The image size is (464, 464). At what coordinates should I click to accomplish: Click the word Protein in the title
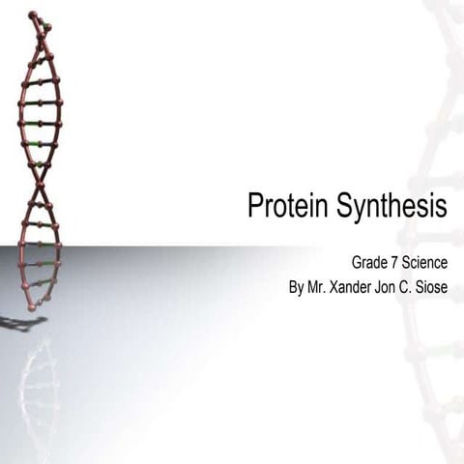click(x=287, y=206)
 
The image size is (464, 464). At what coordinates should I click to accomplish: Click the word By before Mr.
click(x=297, y=287)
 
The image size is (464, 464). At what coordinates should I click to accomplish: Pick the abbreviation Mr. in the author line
click(x=319, y=287)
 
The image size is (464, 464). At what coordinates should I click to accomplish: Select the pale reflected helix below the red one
click(x=40, y=387)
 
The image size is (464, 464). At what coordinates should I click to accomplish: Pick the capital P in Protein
click(x=255, y=206)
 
